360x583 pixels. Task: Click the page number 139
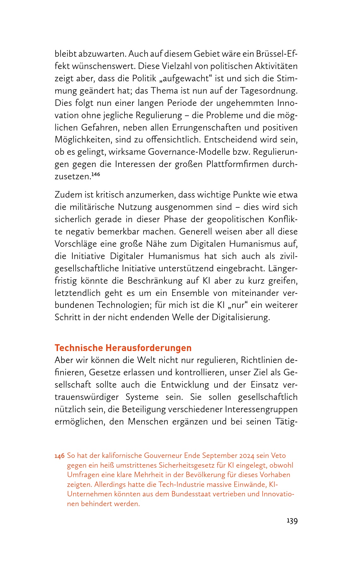tap(292, 521)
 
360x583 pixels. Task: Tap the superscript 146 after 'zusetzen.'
tap(96, 174)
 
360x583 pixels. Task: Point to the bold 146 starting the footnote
tap(60, 456)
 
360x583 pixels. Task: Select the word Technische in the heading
tap(79, 348)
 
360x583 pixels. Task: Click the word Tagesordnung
tap(269, 91)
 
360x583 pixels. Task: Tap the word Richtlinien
tap(262, 360)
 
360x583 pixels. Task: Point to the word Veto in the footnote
tap(278, 456)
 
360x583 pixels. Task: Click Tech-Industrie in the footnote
tap(181, 484)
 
